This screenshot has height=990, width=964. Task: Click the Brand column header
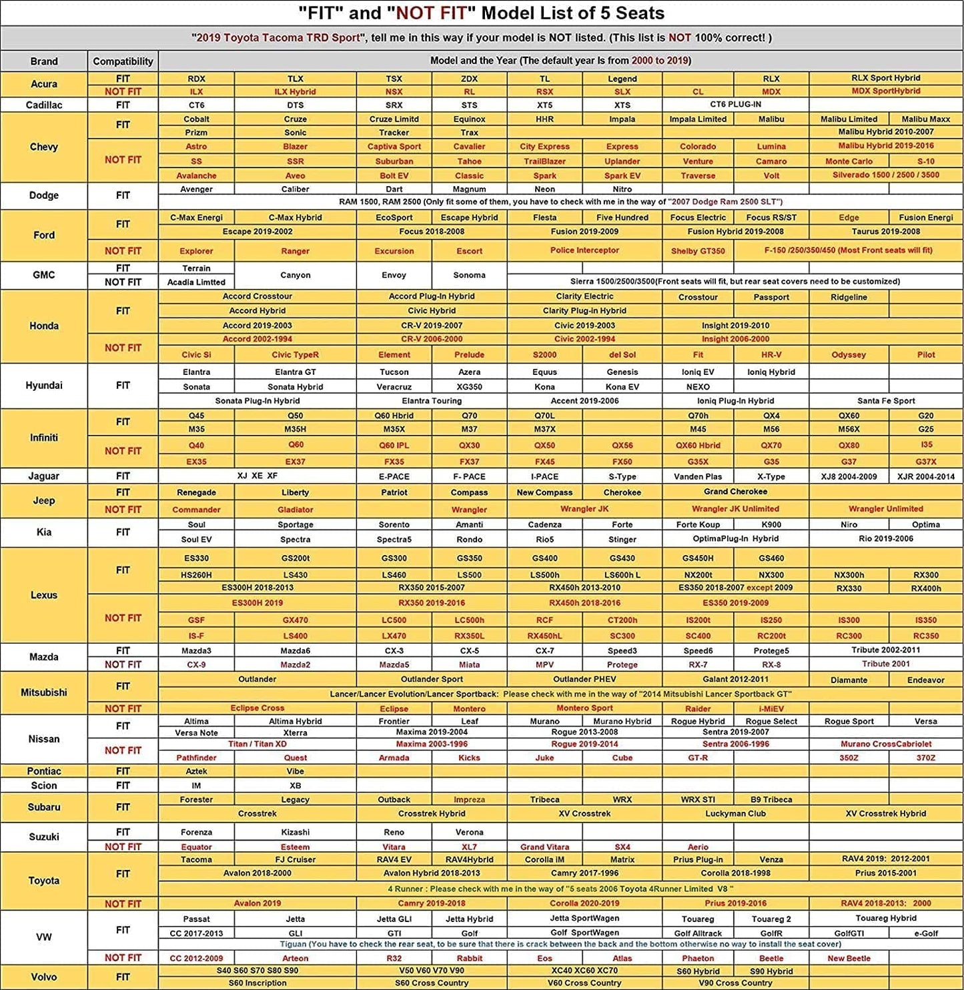coord(44,61)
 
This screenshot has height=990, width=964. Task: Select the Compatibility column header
coord(123,61)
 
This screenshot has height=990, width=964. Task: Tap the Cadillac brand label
coord(44,105)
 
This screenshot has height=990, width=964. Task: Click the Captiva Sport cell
coord(394,147)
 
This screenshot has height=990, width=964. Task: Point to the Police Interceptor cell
coord(584,250)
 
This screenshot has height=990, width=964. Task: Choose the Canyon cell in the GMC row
coord(295,275)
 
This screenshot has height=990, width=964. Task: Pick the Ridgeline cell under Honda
coord(849,297)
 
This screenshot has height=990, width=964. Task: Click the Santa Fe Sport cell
coord(886,401)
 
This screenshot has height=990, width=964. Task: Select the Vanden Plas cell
coord(698,476)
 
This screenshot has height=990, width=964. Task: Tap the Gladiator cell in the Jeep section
coord(295,510)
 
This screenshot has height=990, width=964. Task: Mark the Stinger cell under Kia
coord(622,539)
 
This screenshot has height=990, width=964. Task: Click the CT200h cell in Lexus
coord(622,620)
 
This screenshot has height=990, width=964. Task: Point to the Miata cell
coord(469,664)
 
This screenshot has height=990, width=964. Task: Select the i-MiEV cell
coord(771,708)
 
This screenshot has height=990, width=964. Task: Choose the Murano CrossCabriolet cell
coord(886,744)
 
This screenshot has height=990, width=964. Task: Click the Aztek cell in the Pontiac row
coord(196,771)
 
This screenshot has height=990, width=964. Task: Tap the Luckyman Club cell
coord(735,813)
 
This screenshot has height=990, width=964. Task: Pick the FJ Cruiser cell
coord(295,859)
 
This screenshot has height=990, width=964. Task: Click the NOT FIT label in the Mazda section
coord(123,664)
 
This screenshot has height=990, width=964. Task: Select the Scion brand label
coord(44,785)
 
